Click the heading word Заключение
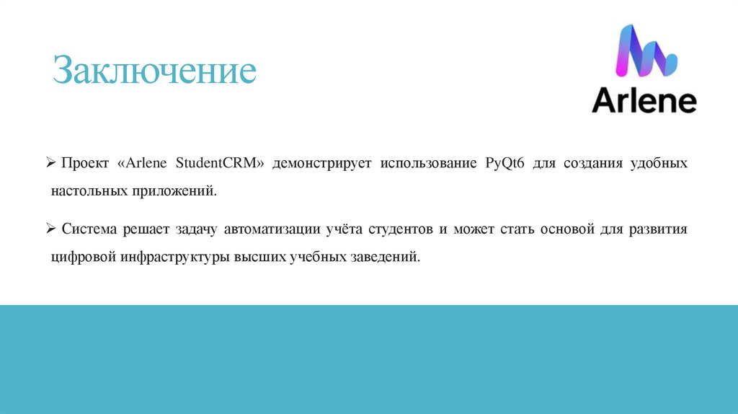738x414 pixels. [155, 72]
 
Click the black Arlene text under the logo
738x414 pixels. [644, 101]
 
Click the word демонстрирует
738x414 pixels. [321, 164]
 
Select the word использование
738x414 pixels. [424, 164]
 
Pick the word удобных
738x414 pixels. [659, 164]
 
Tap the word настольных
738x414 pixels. [88, 192]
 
